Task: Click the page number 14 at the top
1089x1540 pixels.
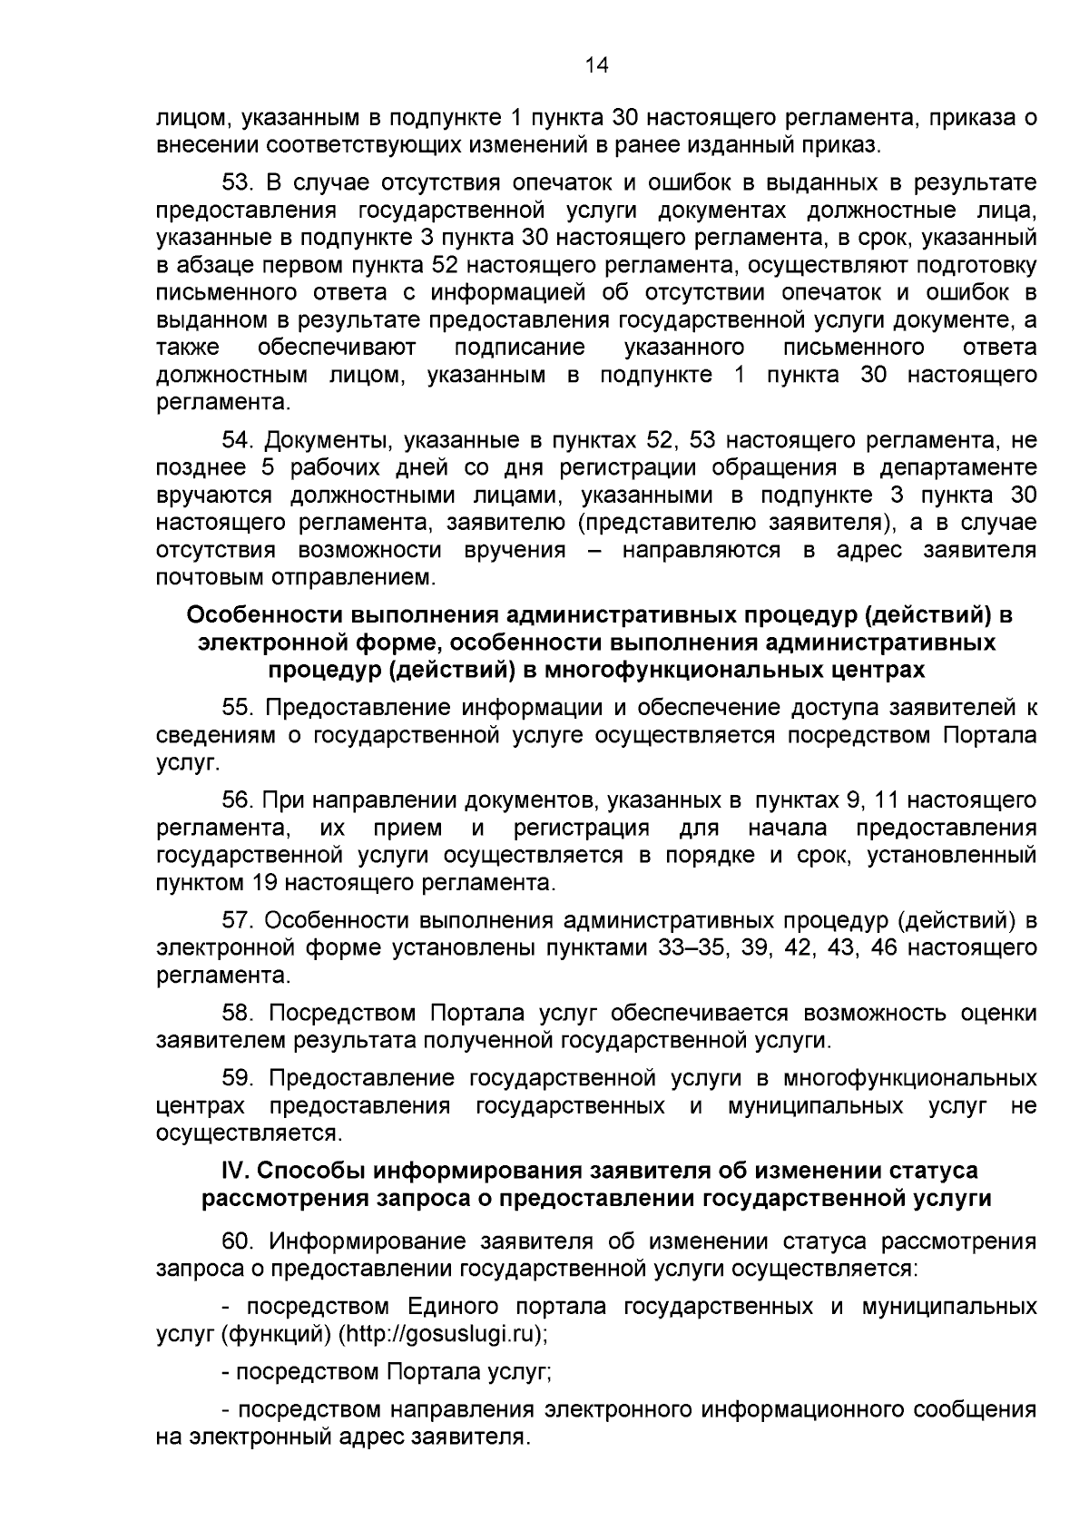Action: pyautogui.click(x=596, y=64)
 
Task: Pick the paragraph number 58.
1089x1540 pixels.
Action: pyautogui.click(x=239, y=1013)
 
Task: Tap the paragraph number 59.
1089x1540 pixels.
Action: pyautogui.click(x=239, y=1078)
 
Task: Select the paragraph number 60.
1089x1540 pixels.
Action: pyautogui.click(x=239, y=1241)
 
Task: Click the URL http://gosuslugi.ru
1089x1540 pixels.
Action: pyautogui.click(x=441, y=1334)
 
